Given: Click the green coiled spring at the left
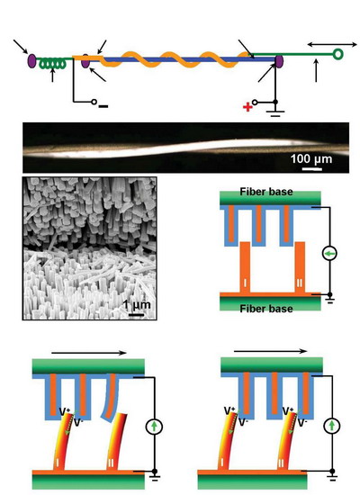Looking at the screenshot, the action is pos(52,64).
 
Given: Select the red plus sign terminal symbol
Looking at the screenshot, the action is pos(247,107).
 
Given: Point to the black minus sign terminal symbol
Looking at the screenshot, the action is pos(103,106).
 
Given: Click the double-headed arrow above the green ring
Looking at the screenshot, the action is pos(332,45).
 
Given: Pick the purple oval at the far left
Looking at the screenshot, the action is pos(31,60).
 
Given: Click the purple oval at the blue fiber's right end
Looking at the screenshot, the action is pos(279,61).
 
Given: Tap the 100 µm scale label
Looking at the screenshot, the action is pos(311,158).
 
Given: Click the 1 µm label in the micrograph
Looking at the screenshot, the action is pos(137,304).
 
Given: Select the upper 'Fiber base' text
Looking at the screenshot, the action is pos(266,192).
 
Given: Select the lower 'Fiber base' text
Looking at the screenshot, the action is pos(266,309).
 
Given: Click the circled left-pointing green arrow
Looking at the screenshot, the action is pos(329,253).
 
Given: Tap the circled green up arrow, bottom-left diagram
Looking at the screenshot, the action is pos(154,427).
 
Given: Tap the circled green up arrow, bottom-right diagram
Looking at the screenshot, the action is pos(332,426).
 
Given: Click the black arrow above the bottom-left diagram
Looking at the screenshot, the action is pos(89,353).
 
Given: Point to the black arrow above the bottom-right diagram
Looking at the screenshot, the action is pos(270,351).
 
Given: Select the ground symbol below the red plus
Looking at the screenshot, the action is pos(275,113).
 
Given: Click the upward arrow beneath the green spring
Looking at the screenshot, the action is pos(52,75).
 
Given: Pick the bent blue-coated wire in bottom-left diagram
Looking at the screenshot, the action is pos(110,398).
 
